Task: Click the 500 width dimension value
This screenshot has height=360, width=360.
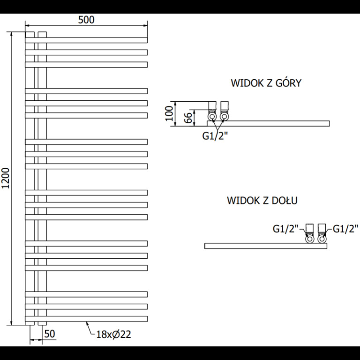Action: (x=86, y=20)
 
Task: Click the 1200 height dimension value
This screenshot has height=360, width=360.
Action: (x=6, y=178)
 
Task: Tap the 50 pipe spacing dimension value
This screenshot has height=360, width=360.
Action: (x=50, y=334)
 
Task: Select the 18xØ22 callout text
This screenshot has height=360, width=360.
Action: (x=113, y=334)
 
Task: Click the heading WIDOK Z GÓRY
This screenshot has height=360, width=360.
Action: (x=266, y=83)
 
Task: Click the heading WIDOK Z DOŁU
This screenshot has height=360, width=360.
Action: (x=262, y=201)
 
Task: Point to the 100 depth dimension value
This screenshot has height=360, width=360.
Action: (x=169, y=113)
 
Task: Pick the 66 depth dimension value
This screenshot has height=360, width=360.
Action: (x=188, y=118)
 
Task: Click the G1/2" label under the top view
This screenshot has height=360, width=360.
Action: (x=215, y=136)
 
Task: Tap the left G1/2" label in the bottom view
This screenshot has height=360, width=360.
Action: (x=285, y=229)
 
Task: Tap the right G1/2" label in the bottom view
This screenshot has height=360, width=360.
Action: (x=345, y=229)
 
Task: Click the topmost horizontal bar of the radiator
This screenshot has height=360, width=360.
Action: (x=86, y=40)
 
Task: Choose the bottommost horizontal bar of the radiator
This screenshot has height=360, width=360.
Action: (x=86, y=319)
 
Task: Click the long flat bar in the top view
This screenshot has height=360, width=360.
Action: (x=269, y=124)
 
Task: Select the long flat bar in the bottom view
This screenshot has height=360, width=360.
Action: (x=266, y=246)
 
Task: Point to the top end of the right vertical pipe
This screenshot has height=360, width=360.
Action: (x=42, y=32)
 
